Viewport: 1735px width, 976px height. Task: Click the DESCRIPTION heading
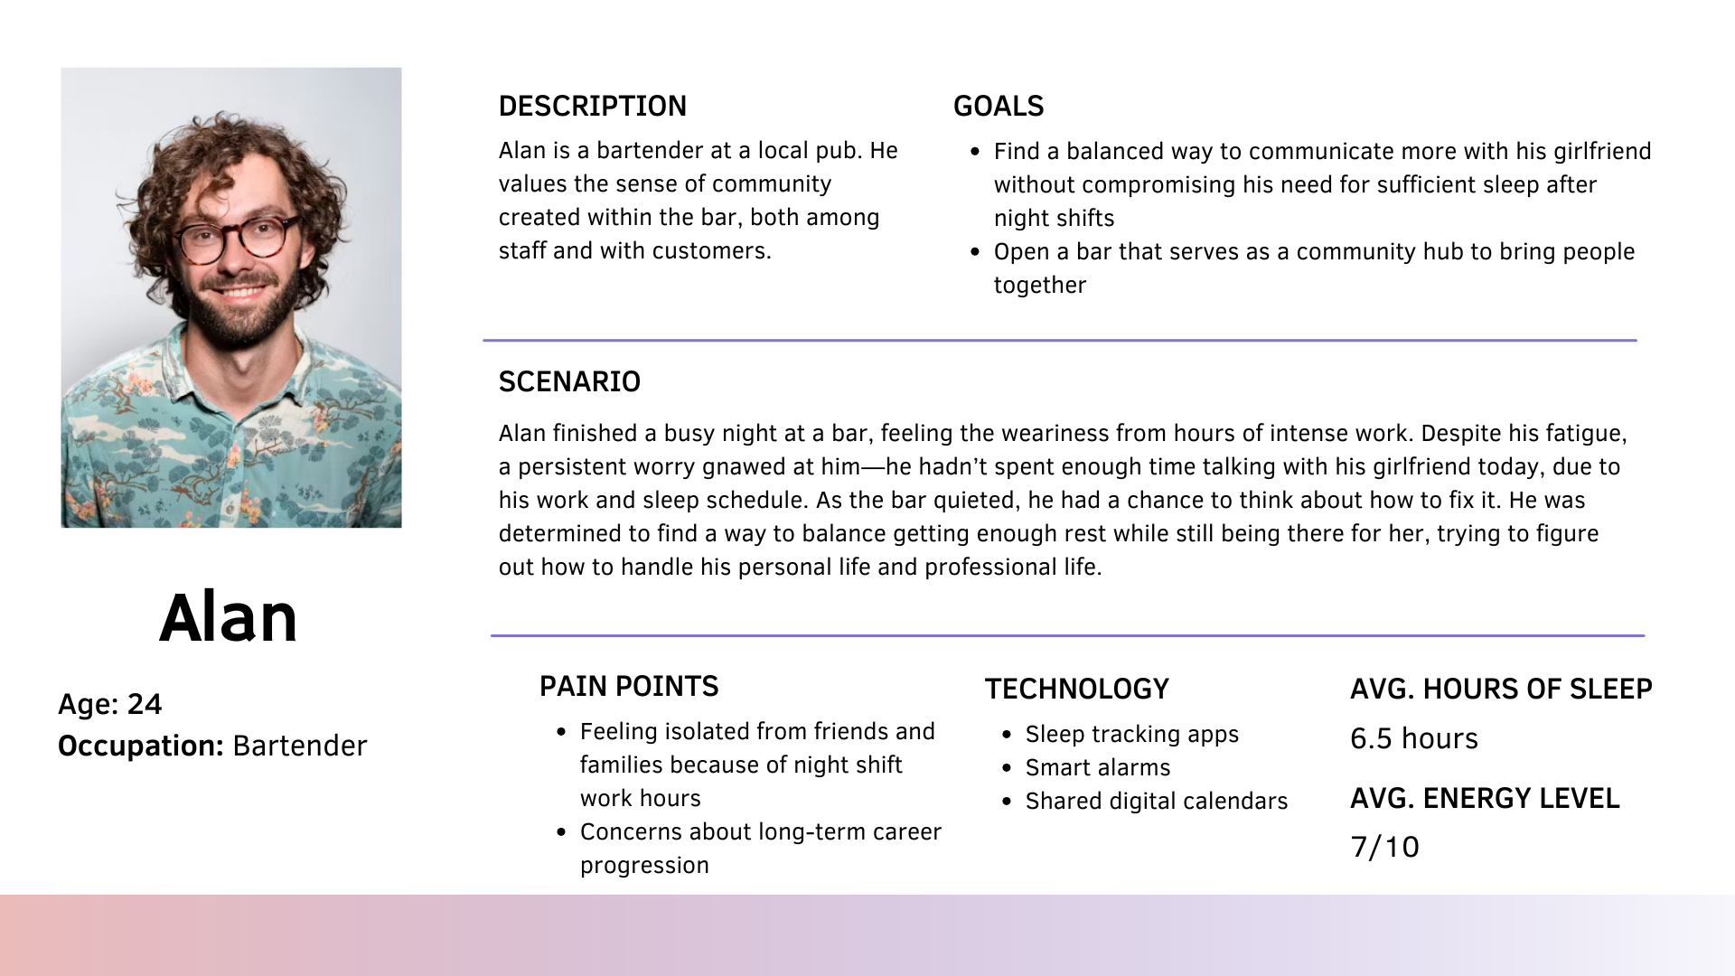[593, 107]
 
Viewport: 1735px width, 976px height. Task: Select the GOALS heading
[999, 107]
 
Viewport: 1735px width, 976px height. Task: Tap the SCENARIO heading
[569, 382]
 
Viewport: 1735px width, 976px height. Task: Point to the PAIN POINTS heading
[629, 687]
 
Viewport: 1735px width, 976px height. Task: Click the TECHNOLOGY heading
[1077, 690]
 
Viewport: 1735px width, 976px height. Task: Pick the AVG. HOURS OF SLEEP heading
[1501, 690]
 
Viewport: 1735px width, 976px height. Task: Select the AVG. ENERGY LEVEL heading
[1485, 799]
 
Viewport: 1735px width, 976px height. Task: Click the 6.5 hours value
[1414, 739]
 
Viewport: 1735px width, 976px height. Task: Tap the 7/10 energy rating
[1384, 848]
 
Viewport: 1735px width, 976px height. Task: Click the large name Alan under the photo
[229, 619]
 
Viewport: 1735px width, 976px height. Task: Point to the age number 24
[145, 705]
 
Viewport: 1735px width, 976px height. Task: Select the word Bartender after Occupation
[300, 746]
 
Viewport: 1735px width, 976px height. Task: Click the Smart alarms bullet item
[1098, 768]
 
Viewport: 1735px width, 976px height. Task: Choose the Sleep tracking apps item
[1132, 735]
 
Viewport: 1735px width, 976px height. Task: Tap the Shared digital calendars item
[1157, 802]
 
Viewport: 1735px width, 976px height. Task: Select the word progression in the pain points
[644, 866]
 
